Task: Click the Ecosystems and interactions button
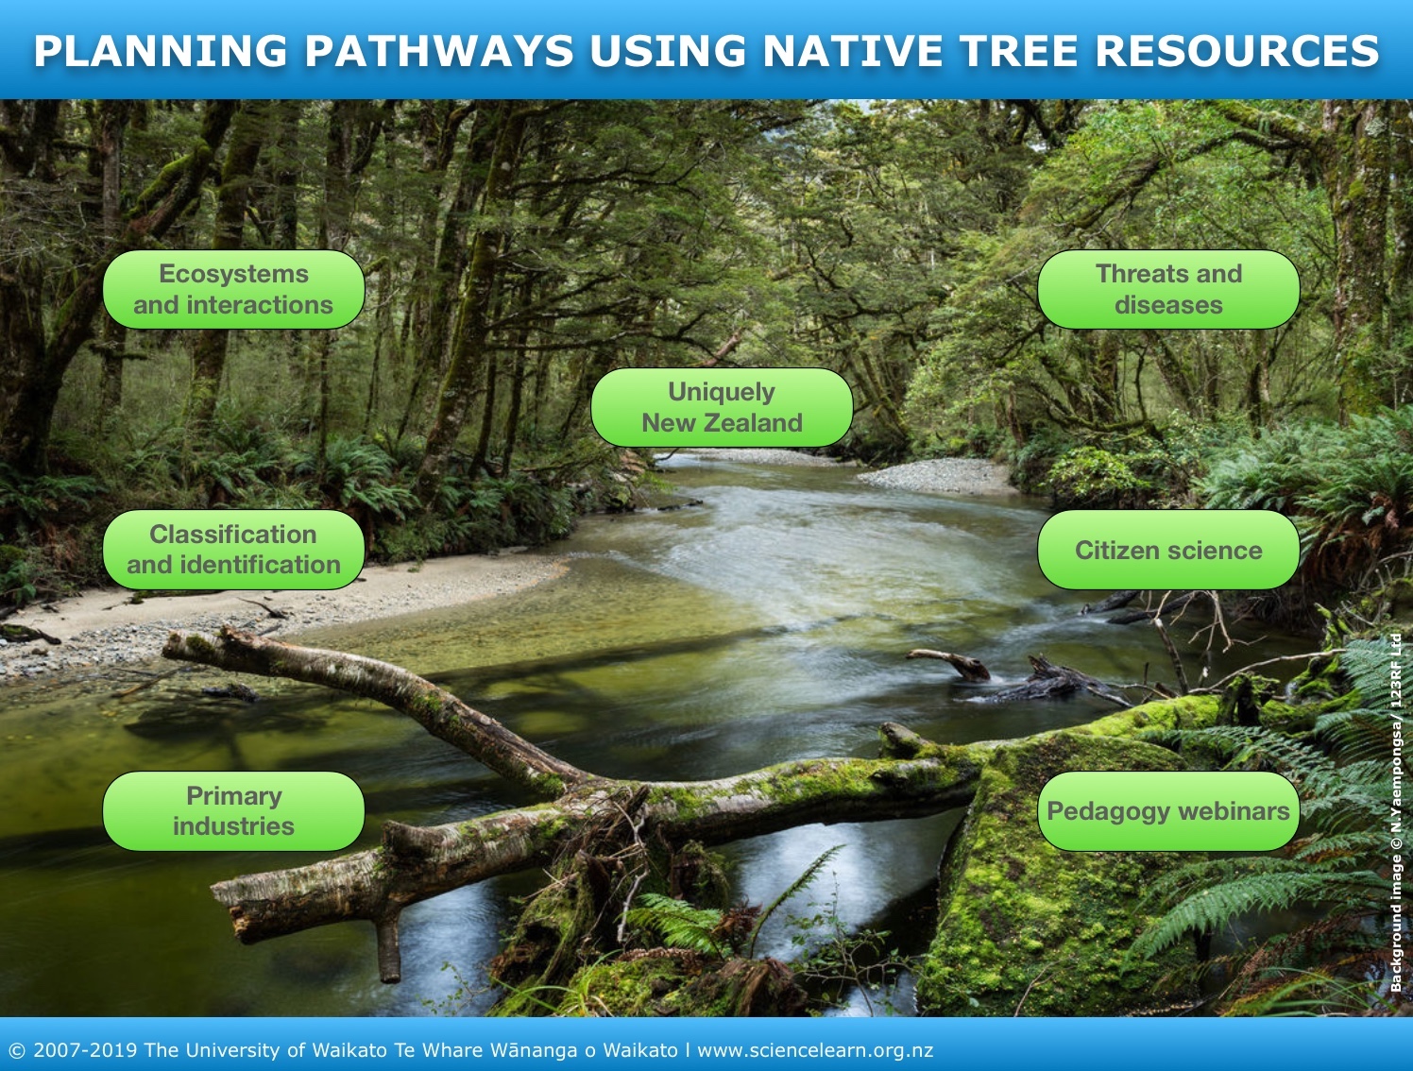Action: pyautogui.click(x=233, y=289)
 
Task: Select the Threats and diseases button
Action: pyautogui.click(x=1168, y=289)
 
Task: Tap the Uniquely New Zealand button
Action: pyautogui.click(x=722, y=407)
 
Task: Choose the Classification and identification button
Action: pyautogui.click(x=233, y=550)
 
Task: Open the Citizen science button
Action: pyautogui.click(x=1168, y=550)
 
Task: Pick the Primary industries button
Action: pyautogui.click(x=233, y=811)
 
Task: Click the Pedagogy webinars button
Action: pyautogui.click(x=1168, y=811)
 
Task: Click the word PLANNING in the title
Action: pyautogui.click(x=161, y=51)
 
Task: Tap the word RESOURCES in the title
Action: pyautogui.click(x=1236, y=51)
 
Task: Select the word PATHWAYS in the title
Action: pyautogui.click(x=439, y=51)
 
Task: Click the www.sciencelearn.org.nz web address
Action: pyautogui.click(x=815, y=1050)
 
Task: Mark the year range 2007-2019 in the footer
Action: pyautogui.click(x=85, y=1050)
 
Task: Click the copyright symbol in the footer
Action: pyautogui.click(x=17, y=1051)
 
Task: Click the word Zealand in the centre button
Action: pyautogui.click(x=754, y=423)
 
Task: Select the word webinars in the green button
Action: pyautogui.click(x=1232, y=811)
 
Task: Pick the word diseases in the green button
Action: pyautogui.click(x=1168, y=304)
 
